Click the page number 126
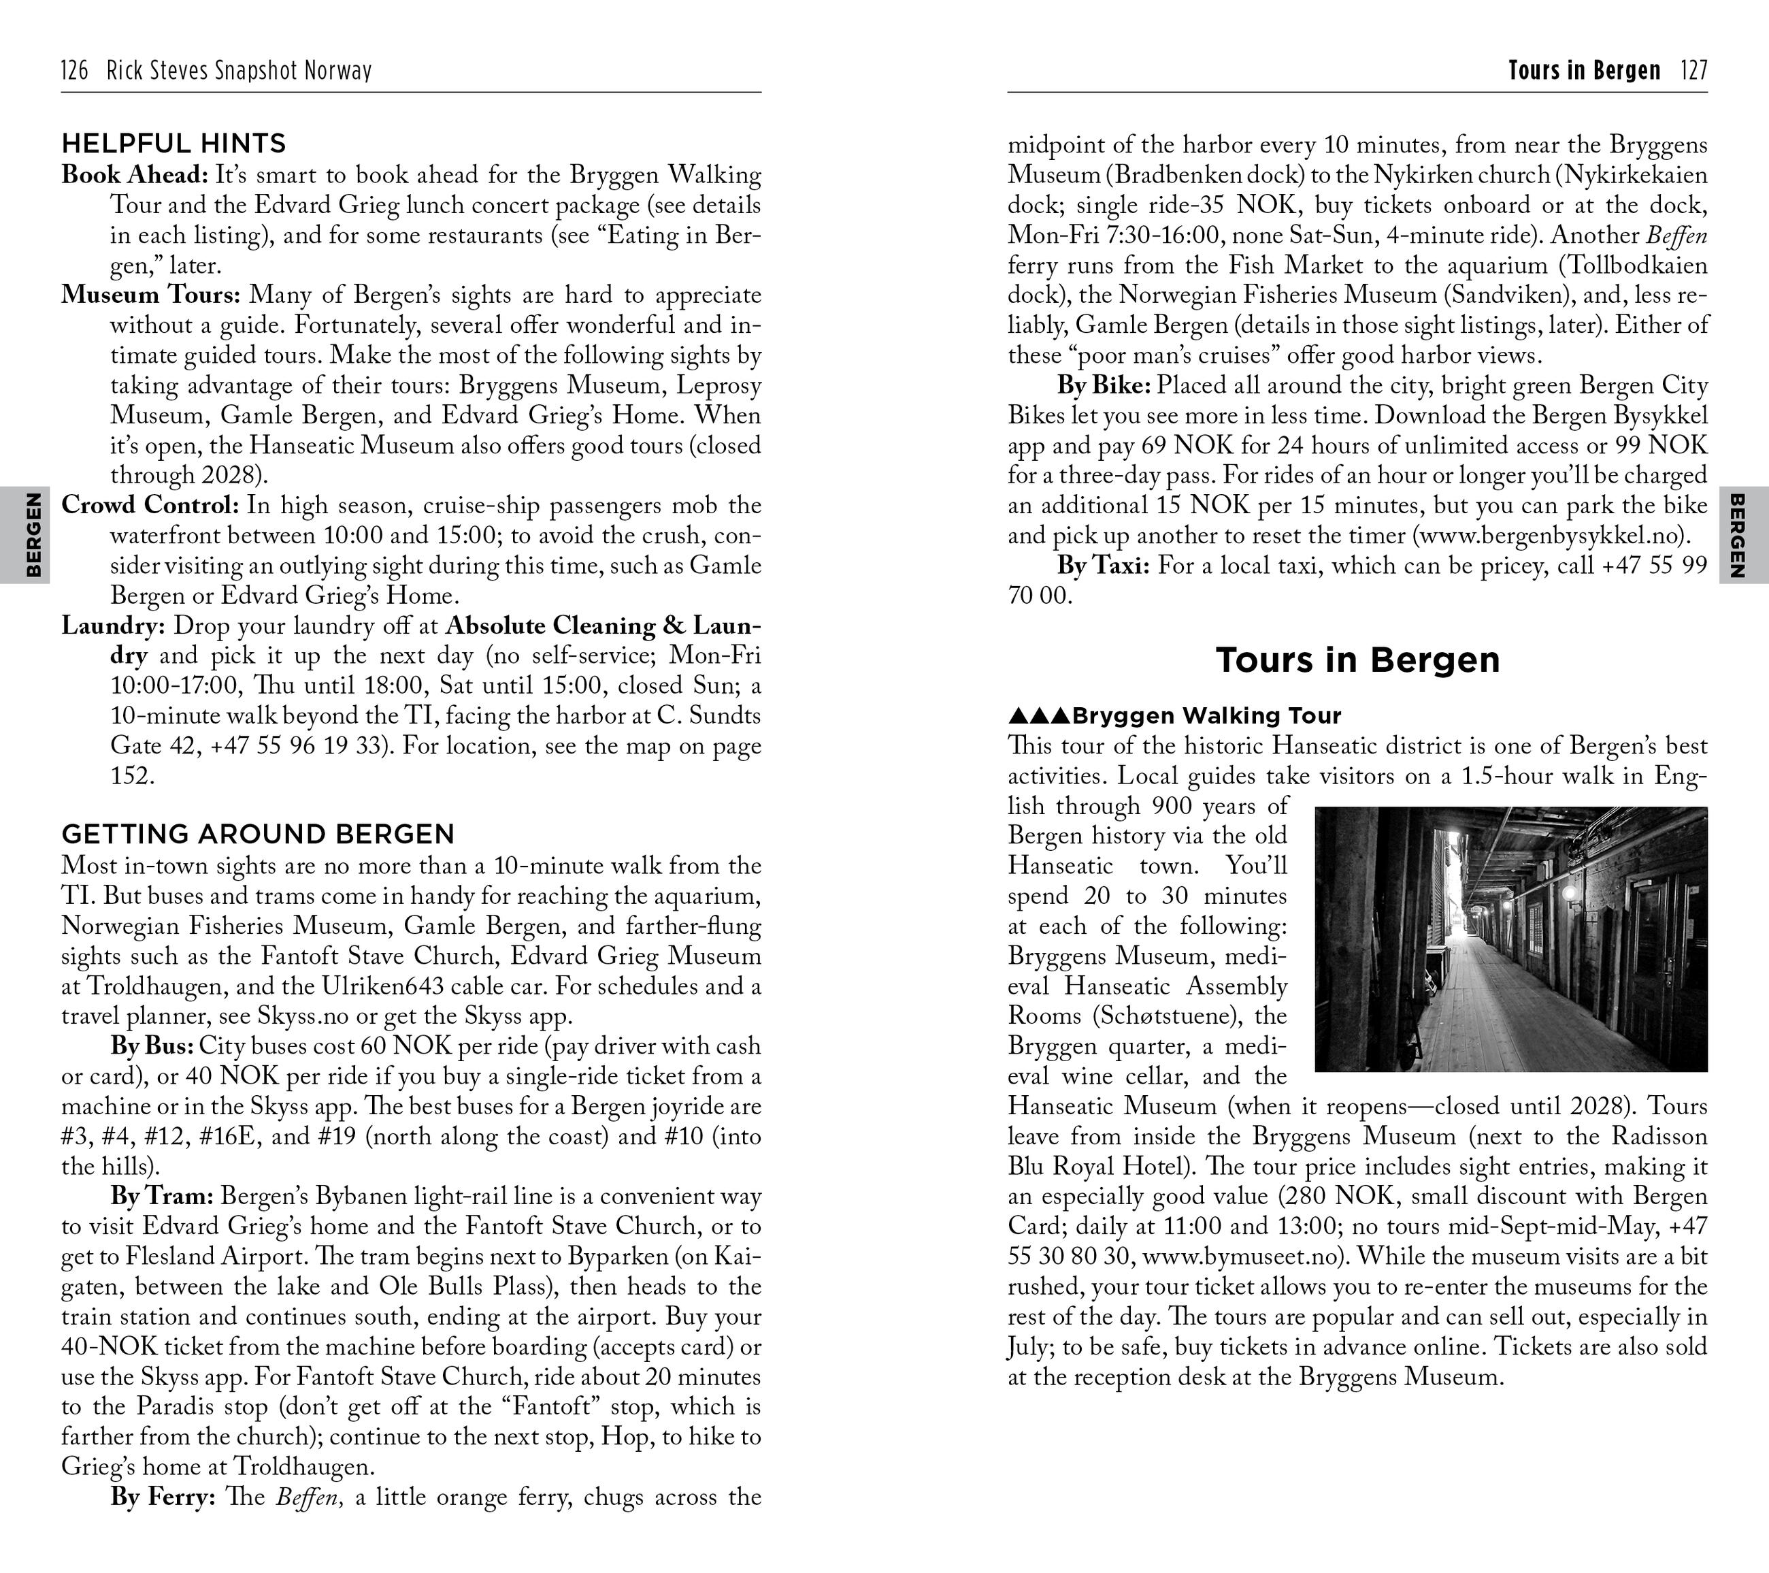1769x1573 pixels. (x=74, y=71)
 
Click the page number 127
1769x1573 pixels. (x=1693, y=71)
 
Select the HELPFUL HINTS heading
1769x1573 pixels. (x=173, y=144)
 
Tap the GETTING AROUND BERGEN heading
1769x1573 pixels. (x=257, y=834)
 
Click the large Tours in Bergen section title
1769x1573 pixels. (x=1357, y=660)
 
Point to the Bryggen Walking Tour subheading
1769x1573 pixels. (x=1206, y=716)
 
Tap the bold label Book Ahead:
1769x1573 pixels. (x=134, y=176)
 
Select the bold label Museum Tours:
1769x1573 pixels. (x=150, y=295)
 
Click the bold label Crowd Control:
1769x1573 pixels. (x=149, y=506)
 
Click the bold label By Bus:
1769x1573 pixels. (x=152, y=1045)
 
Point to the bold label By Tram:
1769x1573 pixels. (x=161, y=1197)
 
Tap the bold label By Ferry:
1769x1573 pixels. (x=162, y=1497)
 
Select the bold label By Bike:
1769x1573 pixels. (x=1104, y=385)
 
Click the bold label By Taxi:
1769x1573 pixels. (x=1103, y=566)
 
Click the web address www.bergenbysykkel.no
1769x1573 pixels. (x=1550, y=536)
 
